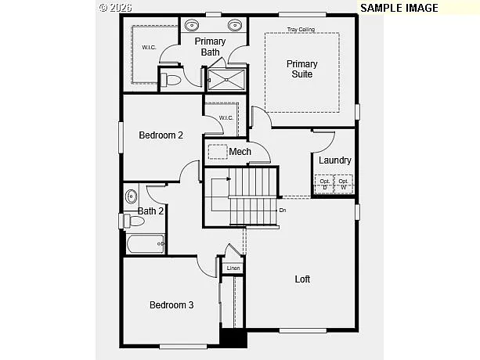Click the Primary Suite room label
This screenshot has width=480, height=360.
pos(301,69)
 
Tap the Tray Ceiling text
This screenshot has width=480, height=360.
pos(301,29)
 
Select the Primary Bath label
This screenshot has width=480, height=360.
pos(210,47)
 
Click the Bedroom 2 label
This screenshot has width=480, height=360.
pos(161,135)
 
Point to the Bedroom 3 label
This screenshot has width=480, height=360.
pos(171,304)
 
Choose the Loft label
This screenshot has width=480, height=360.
pos(302,279)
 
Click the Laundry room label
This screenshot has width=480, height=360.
pos(334,160)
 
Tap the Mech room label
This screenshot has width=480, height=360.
pos(240,152)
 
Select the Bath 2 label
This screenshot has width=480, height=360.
pos(150,211)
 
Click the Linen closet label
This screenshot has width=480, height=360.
pos(233,268)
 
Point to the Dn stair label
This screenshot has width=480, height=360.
pos(283,210)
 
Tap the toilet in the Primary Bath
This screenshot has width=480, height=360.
pos(173,80)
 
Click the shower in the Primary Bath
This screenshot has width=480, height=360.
pos(226,78)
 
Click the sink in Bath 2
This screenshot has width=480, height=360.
pos(132,196)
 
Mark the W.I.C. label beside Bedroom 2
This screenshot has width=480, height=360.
pos(226,118)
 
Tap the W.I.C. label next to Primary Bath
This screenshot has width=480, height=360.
pos(149,49)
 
